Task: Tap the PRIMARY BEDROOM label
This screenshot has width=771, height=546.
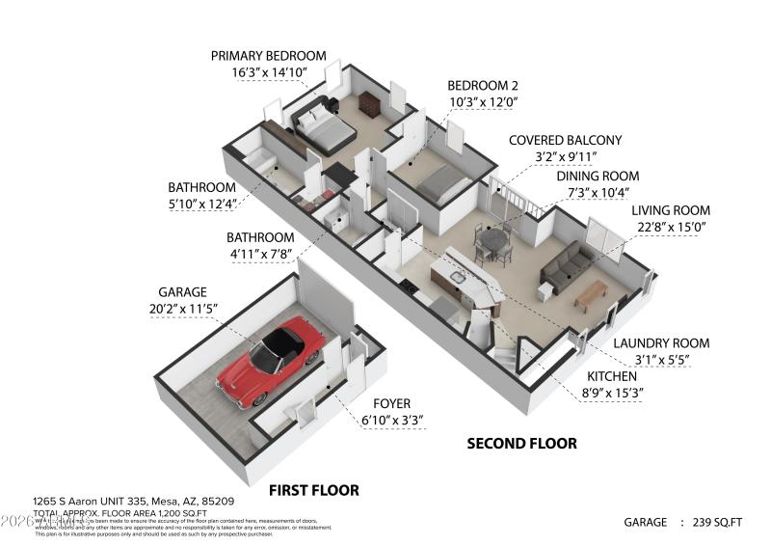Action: (x=268, y=56)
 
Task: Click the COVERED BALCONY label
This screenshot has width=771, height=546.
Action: (x=565, y=140)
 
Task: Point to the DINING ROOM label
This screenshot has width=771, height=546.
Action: (x=598, y=176)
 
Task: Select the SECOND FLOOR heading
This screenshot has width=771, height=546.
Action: (x=521, y=444)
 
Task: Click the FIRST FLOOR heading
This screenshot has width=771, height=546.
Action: (x=313, y=490)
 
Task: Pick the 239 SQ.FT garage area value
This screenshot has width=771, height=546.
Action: (x=717, y=522)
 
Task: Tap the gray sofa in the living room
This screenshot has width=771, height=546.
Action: (x=567, y=264)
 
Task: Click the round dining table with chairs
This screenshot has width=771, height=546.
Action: (x=493, y=241)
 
